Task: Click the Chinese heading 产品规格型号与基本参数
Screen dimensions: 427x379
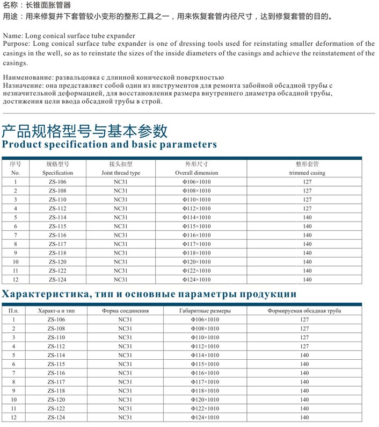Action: (84, 131)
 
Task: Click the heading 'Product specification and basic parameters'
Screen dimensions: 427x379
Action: (110, 145)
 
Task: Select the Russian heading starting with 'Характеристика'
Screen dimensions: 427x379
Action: (149, 294)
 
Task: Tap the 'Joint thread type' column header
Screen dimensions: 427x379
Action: (121, 173)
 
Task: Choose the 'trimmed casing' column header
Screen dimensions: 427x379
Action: (307, 173)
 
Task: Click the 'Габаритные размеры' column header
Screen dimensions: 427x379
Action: (205, 311)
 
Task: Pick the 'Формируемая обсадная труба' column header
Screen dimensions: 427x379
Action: (304, 311)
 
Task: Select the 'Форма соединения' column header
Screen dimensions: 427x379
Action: (125, 311)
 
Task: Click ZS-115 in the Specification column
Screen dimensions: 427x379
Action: (57, 226)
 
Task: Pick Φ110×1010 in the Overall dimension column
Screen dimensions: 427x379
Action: (196, 200)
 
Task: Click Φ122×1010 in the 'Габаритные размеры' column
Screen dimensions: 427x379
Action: (205, 409)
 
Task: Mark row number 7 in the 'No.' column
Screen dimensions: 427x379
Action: (16, 235)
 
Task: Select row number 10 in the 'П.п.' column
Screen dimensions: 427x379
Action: (13, 400)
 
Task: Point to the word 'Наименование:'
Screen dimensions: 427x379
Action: (27, 78)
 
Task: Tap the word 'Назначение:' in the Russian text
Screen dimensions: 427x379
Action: (22, 86)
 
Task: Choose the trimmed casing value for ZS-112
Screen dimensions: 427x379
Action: (307, 209)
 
